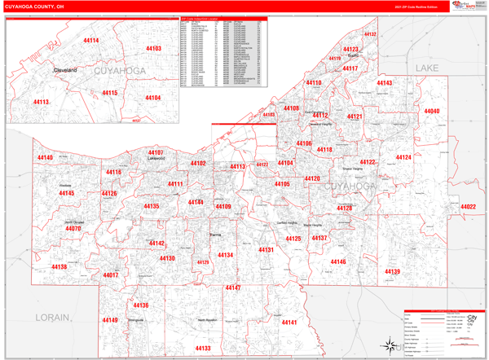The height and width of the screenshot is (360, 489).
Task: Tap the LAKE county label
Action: tap(428, 68)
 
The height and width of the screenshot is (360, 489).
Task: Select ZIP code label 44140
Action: tap(45, 158)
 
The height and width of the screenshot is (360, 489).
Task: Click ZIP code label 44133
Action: tap(202, 348)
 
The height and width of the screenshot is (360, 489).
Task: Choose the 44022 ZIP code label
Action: tap(468, 207)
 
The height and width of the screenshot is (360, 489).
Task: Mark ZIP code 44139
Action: tap(392, 271)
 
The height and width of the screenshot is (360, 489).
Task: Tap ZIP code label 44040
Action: tap(431, 111)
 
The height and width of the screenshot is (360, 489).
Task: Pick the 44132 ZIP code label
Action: tap(369, 35)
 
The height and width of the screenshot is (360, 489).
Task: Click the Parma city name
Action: tap(215, 235)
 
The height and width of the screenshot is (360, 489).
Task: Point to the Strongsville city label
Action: tap(140, 320)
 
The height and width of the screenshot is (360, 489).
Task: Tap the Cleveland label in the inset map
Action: tap(65, 71)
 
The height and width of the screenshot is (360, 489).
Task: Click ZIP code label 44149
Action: tap(110, 320)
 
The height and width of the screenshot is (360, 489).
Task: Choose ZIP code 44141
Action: tap(289, 323)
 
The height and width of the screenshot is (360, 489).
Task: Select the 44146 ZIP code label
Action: tap(337, 261)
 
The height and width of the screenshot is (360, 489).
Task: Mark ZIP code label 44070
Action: tap(73, 229)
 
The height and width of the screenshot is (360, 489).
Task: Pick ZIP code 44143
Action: tap(385, 84)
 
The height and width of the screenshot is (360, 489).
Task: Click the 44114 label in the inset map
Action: tap(91, 40)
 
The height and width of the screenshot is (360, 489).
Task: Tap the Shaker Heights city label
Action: tap(352, 169)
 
